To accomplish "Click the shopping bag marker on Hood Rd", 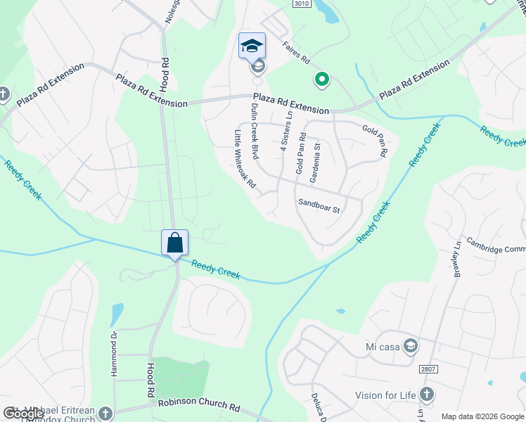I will (x=174, y=243).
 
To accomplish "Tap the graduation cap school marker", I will (x=252, y=46).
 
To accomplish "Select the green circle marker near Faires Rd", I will (x=322, y=80).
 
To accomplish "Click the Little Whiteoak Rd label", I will (x=245, y=162).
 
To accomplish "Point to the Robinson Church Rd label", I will (x=199, y=406).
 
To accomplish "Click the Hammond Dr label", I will (x=114, y=354).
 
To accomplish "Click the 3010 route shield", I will (x=301, y=4).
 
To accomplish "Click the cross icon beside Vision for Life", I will (x=425, y=395).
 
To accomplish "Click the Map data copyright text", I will (x=482, y=416).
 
